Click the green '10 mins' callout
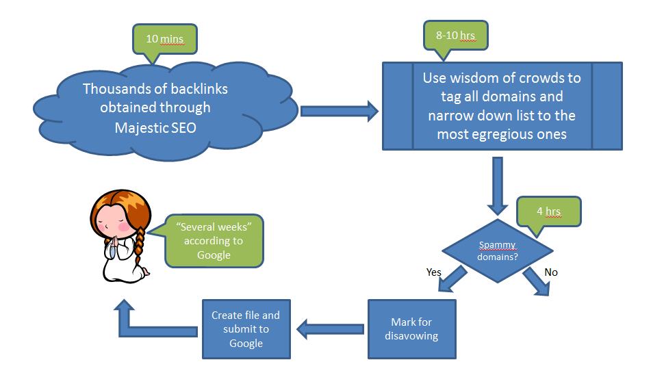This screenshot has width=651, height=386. tap(165, 39)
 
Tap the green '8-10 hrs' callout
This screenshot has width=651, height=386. tap(455, 36)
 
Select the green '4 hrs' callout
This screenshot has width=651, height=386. tap(548, 211)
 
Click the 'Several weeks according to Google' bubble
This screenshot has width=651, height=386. tap(214, 241)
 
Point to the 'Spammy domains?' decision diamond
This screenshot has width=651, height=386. tap(498, 250)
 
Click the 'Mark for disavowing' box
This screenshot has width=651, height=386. tap(412, 329)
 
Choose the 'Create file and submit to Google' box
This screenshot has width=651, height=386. tap(246, 329)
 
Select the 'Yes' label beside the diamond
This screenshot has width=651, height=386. tap(433, 272)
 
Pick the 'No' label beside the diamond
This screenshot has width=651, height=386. tap(551, 272)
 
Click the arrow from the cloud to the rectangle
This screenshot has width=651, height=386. tap(340, 112)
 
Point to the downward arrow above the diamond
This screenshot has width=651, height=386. tap(498, 186)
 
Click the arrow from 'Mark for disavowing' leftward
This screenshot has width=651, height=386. tap(330, 329)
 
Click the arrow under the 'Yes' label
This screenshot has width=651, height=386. tap(452, 279)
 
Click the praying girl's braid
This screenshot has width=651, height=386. tap(139, 247)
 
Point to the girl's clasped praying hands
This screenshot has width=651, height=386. tap(114, 242)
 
